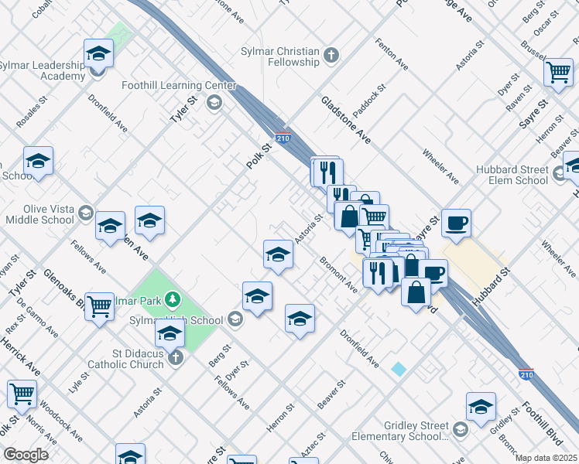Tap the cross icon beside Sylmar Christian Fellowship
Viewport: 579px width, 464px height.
pos(331,56)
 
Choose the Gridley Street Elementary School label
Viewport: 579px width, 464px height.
pos(416,431)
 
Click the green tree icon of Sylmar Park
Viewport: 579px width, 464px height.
pos(176,299)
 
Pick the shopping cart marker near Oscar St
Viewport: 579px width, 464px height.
pos(558,73)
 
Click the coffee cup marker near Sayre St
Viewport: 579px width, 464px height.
pos(456,223)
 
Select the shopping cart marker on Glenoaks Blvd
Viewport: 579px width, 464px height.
pos(99,308)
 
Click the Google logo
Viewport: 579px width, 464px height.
pos(26,455)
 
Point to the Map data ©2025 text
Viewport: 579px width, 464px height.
pos(546,458)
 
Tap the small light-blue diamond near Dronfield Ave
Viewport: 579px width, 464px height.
pos(398,369)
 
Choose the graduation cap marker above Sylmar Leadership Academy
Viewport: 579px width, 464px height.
pos(98,53)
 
